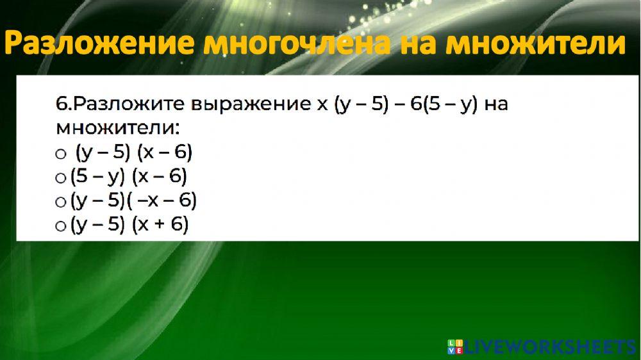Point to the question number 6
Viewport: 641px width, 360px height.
pyautogui.click(x=61, y=104)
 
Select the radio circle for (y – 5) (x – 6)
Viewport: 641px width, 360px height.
pyautogui.click(x=61, y=154)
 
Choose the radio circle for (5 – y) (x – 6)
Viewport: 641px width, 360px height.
pyautogui.click(x=61, y=178)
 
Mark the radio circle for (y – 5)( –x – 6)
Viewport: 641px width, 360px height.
pyautogui.click(x=61, y=202)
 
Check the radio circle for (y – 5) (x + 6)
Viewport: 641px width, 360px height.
pyautogui.click(x=61, y=226)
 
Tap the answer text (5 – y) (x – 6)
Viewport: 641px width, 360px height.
pyautogui.click(x=129, y=177)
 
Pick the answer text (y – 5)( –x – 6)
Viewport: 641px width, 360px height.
pyautogui.click(x=133, y=201)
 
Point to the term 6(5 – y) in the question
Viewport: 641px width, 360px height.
pyautogui.click(x=442, y=104)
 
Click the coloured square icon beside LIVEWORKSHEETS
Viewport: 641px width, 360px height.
pyautogui.click(x=455, y=347)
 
